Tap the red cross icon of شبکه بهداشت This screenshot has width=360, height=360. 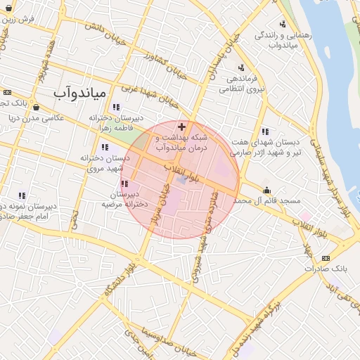tap(182, 127)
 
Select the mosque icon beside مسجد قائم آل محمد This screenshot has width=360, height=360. tap(266, 190)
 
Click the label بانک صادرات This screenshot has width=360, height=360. tap(328, 269)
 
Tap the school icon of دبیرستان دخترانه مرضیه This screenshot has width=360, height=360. tap(124, 184)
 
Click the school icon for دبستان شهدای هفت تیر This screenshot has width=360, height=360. tap(265, 131)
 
